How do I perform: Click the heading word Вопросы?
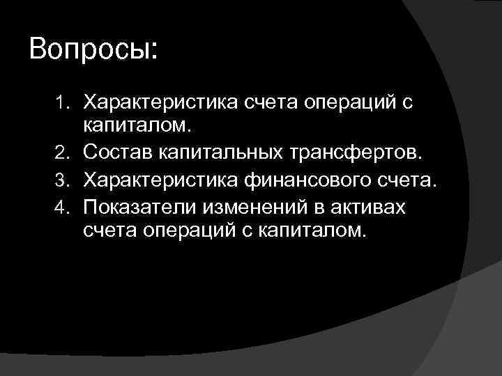tap(94, 50)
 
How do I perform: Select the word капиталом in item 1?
tap(136, 126)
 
